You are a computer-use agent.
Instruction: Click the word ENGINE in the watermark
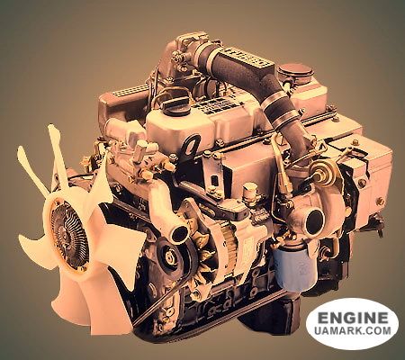pos(351,318)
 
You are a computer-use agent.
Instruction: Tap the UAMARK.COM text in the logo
pos(351,333)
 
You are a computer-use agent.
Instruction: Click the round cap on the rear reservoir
pos(293,70)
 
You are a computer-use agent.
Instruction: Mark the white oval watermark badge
pos(351,324)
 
